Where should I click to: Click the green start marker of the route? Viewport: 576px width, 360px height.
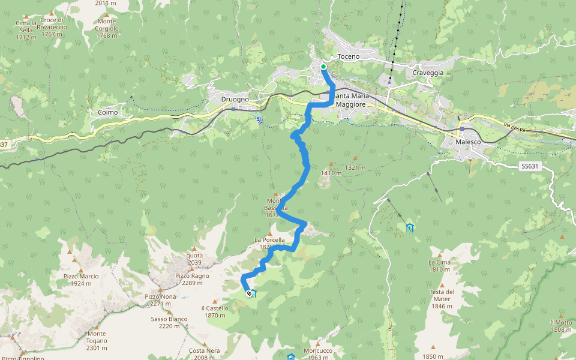point(323,67)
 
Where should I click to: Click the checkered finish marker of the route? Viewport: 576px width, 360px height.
point(249,293)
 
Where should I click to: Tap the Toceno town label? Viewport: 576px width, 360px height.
point(349,56)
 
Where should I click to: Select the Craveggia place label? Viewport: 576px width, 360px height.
point(428,73)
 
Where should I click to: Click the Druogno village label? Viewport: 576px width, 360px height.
point(235,99)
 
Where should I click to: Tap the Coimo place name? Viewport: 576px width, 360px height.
point(108,112)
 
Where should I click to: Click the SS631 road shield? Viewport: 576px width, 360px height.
point(530,166)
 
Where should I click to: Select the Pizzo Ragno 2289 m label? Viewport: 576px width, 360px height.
point(192,280)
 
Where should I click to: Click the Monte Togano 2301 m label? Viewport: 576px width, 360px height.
point(97,341)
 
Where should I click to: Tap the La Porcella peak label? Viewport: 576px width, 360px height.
point(274,243)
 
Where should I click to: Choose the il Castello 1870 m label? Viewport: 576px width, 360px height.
point(215,311)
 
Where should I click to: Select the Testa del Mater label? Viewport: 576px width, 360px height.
point(442,296)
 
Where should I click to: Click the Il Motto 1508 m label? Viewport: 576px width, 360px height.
point(560,326)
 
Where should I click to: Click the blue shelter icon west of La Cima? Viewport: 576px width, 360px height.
point(409,227)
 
